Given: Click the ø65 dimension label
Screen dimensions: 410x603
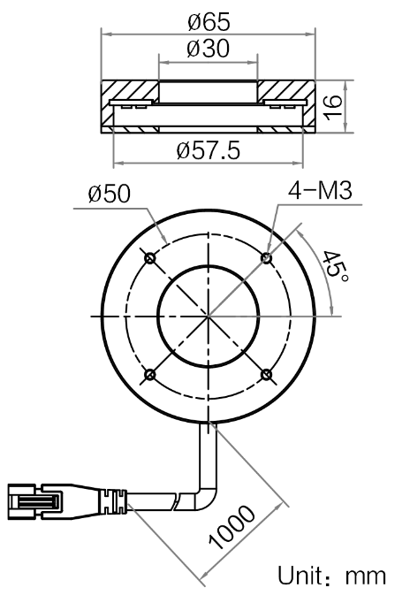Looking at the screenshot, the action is click(x=209, y=22).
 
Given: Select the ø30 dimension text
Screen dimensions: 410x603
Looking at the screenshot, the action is click(x=208, y=49).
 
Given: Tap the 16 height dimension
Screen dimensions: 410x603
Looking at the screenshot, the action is click(x=332, y=108).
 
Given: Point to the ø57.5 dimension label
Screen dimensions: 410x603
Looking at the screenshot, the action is click(x=209, y=150).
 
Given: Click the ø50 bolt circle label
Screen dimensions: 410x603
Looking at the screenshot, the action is click(x=110, y=194).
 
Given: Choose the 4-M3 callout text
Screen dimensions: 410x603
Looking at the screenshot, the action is click(x=320, y=190).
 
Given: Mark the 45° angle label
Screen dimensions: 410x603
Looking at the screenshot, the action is click(x=334, y=268).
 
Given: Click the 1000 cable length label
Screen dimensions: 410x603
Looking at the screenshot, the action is click(x=232, y=526).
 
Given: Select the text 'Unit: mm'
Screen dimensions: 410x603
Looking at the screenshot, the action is click(x=331, y=576).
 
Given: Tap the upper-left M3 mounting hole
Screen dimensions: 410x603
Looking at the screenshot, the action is click(x=150, y=257).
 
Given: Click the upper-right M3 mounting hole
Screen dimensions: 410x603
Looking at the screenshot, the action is click(x=266, y=257).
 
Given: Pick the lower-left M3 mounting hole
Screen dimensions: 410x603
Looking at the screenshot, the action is click(x=150, y=375).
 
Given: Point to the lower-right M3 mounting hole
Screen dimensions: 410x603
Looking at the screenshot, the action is click(x=266, y=375).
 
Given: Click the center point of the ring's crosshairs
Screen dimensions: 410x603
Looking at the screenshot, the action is click(x=208, y=317).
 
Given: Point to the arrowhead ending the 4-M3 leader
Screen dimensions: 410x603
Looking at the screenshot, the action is click(x=270, y=252).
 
